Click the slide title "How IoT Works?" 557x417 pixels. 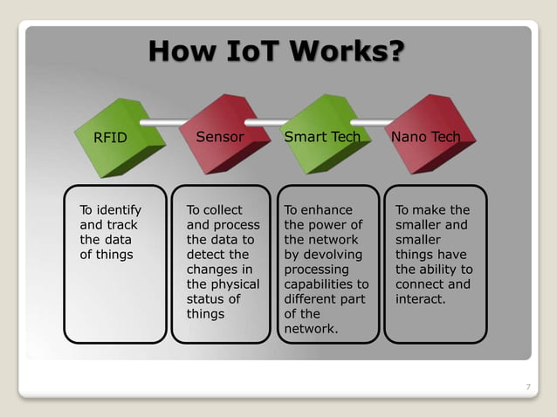pos(276,51)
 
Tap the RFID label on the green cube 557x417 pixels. pos(111,138)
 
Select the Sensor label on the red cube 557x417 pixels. pos(220,137)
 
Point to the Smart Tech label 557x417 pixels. pos(323,137)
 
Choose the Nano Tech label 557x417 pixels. pos(426,137)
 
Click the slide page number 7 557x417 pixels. pos(527,386)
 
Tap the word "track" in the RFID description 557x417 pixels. pos(121,225)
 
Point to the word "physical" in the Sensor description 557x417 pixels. pos(236,284)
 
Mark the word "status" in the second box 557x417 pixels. pos(205,299)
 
